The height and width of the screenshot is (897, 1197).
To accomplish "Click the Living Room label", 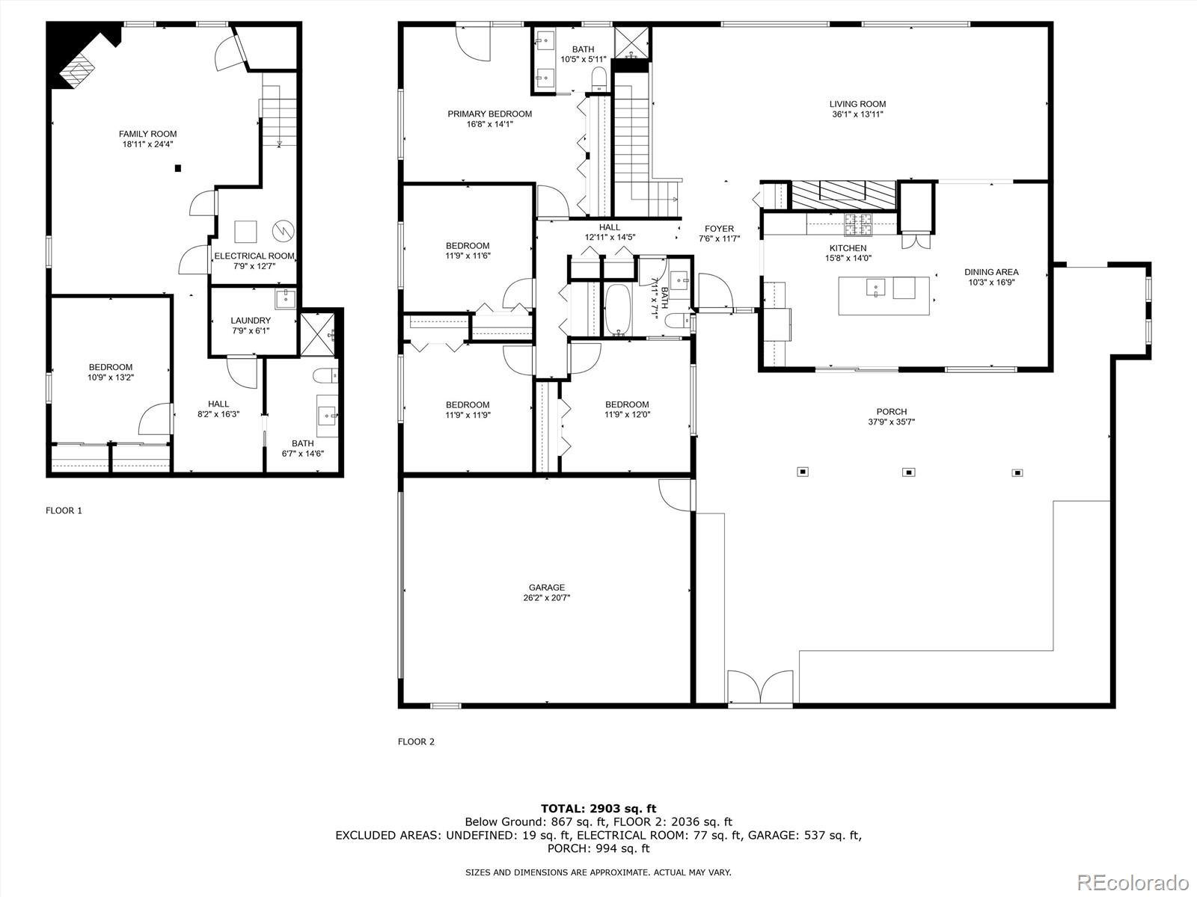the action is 857,104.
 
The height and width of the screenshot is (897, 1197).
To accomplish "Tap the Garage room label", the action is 546,588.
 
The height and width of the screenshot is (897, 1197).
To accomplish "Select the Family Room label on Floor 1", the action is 148,134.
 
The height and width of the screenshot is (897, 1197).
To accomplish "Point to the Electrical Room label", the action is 254,256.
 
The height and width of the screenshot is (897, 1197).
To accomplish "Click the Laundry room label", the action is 251,321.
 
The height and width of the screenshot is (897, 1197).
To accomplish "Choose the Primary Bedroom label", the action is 490,114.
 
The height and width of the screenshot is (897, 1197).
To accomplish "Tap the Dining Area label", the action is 991,272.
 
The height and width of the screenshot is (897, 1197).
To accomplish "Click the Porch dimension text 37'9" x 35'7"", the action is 892,422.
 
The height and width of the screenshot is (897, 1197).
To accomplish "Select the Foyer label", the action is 719,229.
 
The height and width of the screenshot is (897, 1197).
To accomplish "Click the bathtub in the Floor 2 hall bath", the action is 618,310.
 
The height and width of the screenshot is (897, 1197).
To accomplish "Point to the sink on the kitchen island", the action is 876,288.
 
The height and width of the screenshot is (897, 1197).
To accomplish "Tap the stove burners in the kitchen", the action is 858,224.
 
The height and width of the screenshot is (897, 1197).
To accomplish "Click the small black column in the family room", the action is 178,169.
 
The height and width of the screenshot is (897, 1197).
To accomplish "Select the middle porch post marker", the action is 908,472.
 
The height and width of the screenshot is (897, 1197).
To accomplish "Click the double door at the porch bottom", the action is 760,688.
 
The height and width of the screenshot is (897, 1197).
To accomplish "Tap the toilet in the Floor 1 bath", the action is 326,375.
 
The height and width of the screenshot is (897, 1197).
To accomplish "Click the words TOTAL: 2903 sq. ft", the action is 598,809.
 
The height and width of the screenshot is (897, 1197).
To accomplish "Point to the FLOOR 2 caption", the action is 416,742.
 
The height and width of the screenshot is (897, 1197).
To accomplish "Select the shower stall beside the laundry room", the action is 318,335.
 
